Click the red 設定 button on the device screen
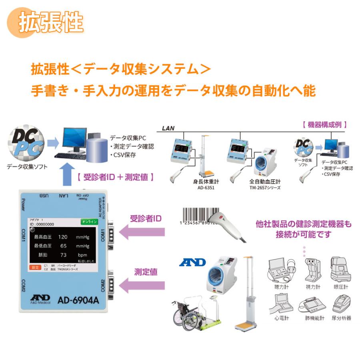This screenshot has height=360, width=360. tap(35, 267)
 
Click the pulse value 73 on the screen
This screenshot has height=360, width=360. tap(63, 255)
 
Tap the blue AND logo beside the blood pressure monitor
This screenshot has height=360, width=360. tap(192, 262)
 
